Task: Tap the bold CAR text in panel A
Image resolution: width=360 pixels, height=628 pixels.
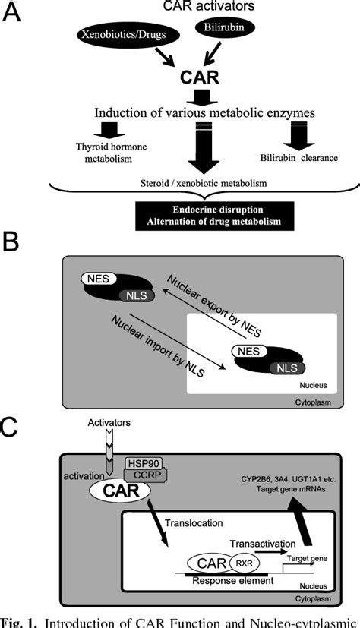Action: tap(200, 77)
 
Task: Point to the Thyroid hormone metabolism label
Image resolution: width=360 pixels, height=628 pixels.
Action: tap(112, 152)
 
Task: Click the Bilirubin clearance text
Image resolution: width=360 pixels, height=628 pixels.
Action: tap(299, 157)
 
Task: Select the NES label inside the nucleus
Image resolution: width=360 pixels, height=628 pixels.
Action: tap(249, 352)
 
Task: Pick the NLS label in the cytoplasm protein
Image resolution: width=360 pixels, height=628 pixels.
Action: tap(137, 296)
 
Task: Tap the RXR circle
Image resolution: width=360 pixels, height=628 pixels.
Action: tap(245, 563)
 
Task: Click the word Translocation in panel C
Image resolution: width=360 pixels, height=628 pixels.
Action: tap(193, 523)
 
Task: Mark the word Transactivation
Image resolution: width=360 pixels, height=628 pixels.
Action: tap(263, 543)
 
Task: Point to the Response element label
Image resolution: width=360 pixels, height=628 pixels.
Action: tap(233, 580)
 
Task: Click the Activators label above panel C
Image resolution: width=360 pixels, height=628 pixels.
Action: tap(109, 422)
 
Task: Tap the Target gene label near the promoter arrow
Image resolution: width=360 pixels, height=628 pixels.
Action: tap(304, 557)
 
